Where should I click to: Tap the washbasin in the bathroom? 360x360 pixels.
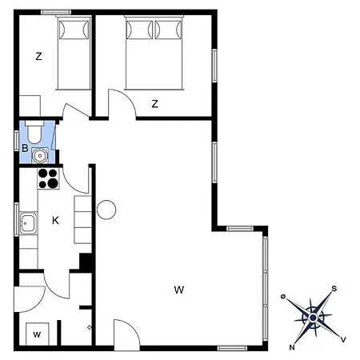click(x=40, y=155)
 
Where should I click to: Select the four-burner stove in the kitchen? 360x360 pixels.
click(x=48, y=178)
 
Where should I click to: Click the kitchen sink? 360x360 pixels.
click(x=28, y=223)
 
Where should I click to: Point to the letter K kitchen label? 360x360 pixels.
click(x=55, y=221)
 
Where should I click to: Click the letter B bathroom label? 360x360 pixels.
click(x=25, y=148)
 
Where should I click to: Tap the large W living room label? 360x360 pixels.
click(x=179, y=290)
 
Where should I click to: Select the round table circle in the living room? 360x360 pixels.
click(x=106, y=210)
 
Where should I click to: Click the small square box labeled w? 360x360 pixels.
click(x=38, y=334)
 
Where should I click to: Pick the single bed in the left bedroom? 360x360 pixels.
click(x=74, y=53)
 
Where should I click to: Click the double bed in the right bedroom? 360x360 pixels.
click(x=154, y=53)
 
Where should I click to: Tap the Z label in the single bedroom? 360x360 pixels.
click(x=38, y=57)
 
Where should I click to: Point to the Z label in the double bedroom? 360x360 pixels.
click(x=154, y=103)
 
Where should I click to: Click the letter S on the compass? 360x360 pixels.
click(x=334, y=289)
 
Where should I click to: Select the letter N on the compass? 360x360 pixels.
click(x=292, y=347)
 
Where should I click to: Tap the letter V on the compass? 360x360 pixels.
click(x=343, y=339)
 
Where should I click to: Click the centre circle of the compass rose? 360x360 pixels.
click(x=313, y=318)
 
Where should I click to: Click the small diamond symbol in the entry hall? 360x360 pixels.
click(x=90, y=327)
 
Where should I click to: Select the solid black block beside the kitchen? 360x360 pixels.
click(x=86, y=262)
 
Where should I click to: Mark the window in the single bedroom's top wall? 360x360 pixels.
click(x=56, y=12)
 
